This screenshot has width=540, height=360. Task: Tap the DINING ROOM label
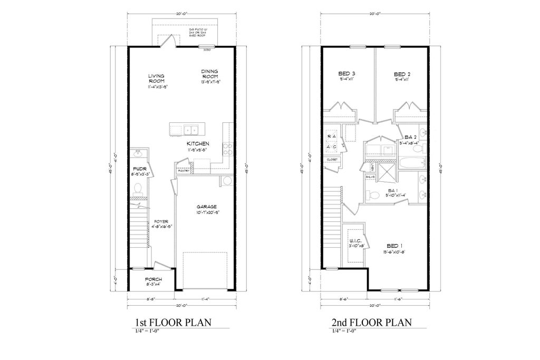209,74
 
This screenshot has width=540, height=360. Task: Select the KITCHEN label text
198,144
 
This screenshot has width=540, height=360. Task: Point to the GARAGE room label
207,207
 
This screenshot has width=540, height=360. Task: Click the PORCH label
153,279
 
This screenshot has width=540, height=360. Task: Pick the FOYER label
161,221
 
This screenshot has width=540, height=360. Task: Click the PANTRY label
183,171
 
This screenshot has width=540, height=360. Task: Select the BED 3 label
346,73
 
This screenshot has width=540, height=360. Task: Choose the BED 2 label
402,73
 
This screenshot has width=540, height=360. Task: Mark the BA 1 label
392,190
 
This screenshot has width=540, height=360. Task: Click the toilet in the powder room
137,188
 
